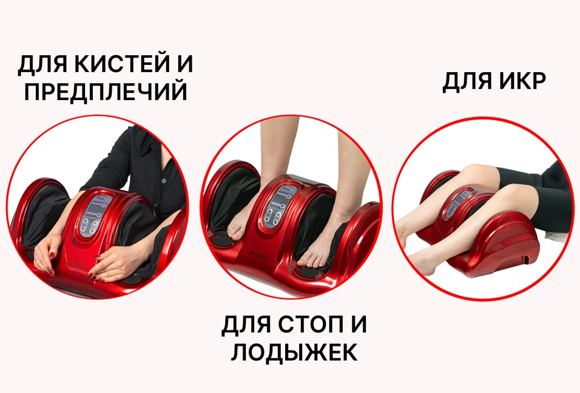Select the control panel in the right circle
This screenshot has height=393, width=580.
459,203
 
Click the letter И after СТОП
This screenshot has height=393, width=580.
358,325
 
